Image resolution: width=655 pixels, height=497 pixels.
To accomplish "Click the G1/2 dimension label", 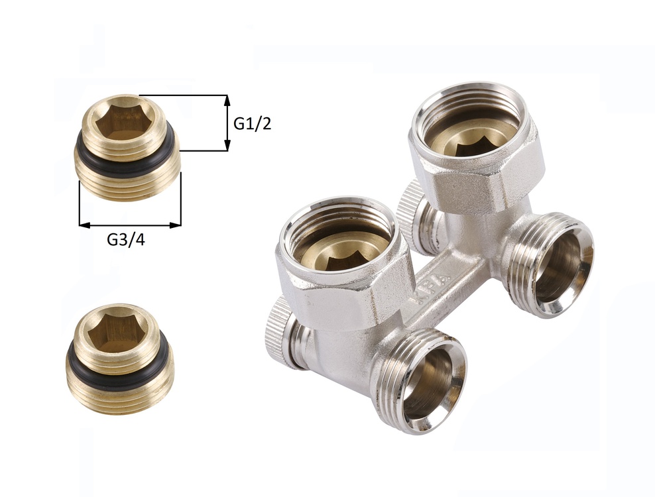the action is point(253,124).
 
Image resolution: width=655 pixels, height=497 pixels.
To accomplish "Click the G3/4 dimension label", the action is point(126,239).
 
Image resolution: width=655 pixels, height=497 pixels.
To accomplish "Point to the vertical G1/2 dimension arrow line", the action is point(227,123).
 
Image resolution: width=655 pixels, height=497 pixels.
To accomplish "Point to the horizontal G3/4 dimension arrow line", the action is point(130,225).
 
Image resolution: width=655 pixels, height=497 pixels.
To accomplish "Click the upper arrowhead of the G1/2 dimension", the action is point(227,100).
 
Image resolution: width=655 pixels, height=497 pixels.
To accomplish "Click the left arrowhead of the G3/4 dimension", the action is point(84,225).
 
